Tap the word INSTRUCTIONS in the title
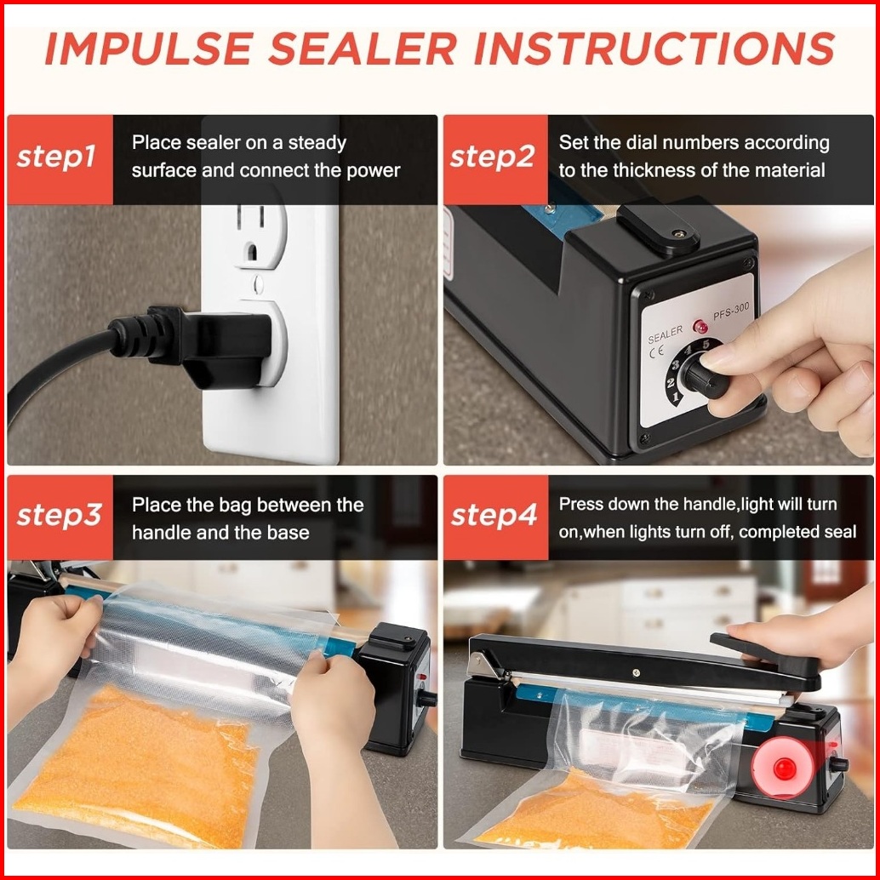tap(654, 49)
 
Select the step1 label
tap(56, 157)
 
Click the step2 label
tap(492, 157)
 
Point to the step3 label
tap(59, 515)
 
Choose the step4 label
tap(494, 515)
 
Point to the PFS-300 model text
tap(731, 311)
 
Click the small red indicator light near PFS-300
tap(700, 326)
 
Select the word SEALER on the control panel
tap(665, 334)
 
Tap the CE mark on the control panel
tap(656, 351)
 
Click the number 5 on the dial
tap(706, 344)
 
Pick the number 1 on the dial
tap(675, 397)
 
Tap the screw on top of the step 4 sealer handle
tap(635, 672)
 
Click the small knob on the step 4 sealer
tap(839, 763)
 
